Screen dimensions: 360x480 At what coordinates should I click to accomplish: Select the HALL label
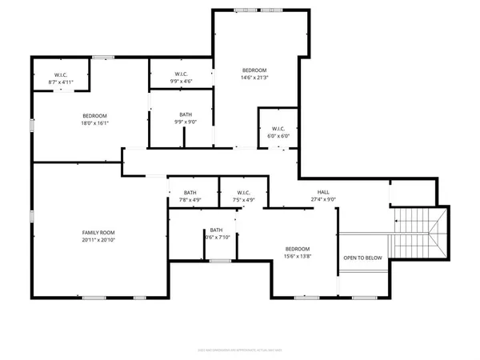pos(322,192)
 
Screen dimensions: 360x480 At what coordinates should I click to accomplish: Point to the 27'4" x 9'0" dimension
pos(322,200)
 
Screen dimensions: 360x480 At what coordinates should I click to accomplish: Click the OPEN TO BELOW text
pos(362,258)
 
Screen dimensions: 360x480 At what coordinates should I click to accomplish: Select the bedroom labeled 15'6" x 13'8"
pos(298,253)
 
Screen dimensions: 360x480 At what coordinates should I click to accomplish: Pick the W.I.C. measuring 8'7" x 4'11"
pos(59,78)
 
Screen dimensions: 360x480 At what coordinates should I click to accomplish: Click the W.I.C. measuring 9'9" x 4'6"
pos(180,78)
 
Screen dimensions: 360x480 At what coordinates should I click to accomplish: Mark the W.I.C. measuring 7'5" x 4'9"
pos(243,196)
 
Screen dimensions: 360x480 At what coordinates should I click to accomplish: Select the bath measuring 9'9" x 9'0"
pos(186,118)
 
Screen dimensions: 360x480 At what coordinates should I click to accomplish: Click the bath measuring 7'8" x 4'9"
pos(190,196)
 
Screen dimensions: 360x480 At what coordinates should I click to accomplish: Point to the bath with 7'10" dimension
pos(217,234)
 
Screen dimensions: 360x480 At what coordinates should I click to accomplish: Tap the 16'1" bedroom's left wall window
pos(32,125)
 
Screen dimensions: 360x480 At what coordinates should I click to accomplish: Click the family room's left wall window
pos(32,216)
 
